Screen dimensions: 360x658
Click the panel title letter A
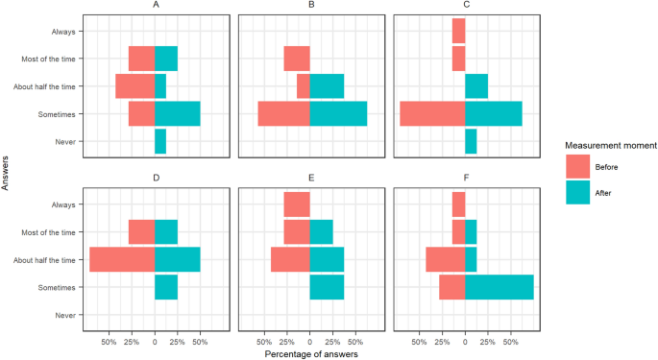tap(155, 5)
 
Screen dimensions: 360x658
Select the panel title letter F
tap(465, 179)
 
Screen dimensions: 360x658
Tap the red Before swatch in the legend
tap(578, 166)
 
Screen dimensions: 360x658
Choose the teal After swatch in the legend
tap(578, 191)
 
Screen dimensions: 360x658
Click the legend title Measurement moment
tap(610, 146)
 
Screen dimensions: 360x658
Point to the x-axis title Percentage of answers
tap(310, 353)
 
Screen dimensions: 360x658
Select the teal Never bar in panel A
tap(160, 142)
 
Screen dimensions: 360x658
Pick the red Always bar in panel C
tap(458, 31)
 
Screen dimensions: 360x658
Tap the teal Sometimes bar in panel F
tap(499, 287)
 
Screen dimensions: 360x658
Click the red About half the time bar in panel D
tap(122, 259)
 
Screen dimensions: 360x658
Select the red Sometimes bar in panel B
tap(283, 114)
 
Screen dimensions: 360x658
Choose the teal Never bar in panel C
tap(471, 142)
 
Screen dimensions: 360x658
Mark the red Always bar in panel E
tap(297, 204)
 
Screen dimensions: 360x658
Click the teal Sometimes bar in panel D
tap(166, 287)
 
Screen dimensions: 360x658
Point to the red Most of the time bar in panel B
tap(297, 59)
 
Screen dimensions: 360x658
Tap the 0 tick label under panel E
tap(309, 340)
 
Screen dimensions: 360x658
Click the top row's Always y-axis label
tap(64, 31)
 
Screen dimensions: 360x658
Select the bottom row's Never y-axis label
tap(66, 315)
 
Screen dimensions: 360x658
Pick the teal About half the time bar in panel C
tap(476, 86)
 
